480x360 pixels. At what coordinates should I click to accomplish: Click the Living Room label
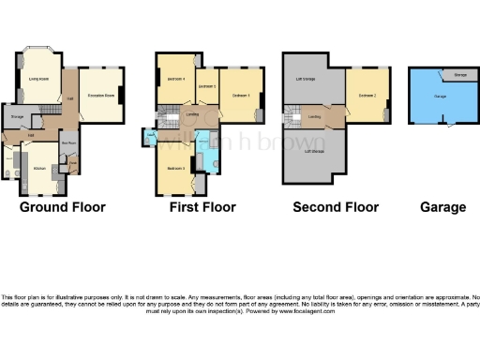pos(38,79)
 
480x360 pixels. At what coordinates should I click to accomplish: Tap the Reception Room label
pos(101,95)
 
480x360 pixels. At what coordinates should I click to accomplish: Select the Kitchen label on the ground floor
pos(39,168)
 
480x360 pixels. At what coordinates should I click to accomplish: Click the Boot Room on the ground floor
pos(69,143)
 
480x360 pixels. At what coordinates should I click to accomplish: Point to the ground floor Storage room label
pos(17,116)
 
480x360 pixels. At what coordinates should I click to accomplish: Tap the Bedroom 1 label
pos(241,95)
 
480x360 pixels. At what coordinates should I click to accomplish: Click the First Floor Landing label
pos(192,115)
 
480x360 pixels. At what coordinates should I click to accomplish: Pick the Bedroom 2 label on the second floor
pos(367,95)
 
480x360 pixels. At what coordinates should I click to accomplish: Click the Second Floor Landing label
pos(316,116)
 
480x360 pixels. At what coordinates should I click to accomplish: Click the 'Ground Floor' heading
pos(63,207)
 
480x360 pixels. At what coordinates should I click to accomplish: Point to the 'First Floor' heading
pos(202,207)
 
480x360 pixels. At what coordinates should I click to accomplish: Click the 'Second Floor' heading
pos(336,207)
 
